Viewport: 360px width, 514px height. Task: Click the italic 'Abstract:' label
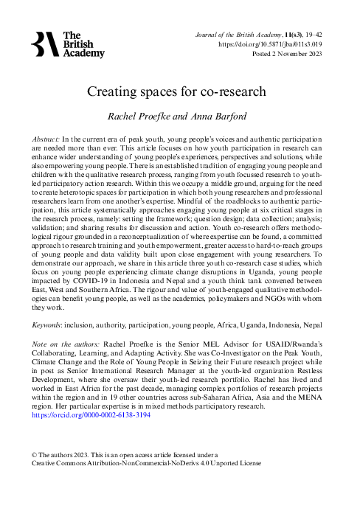click(51, 139)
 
